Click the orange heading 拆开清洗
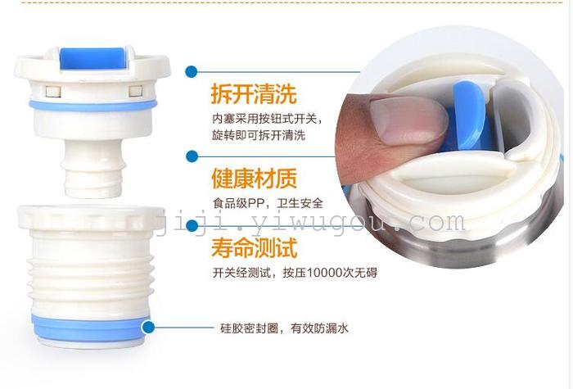(x=254, y=93)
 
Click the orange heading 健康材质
(x=255, y=178)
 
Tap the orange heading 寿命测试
(x=255, y=247)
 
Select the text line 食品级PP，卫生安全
(x=268, y=203)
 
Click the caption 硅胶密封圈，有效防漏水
(x=284, y=328)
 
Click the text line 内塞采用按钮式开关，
(x=268, y=119)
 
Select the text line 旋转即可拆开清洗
(x=259, y=135)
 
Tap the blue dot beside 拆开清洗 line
(x=191, y=72)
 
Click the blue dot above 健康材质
(x=192, y=156)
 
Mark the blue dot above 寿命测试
(x=192, y=226)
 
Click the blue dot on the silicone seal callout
(x=148, y=328)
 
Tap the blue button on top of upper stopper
(x=92, y=58)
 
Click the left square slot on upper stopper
(x=53, y=92)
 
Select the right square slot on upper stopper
(x=136, y=91)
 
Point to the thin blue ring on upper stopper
(x=93, y=106)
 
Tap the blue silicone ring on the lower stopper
(x=89, y=328)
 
